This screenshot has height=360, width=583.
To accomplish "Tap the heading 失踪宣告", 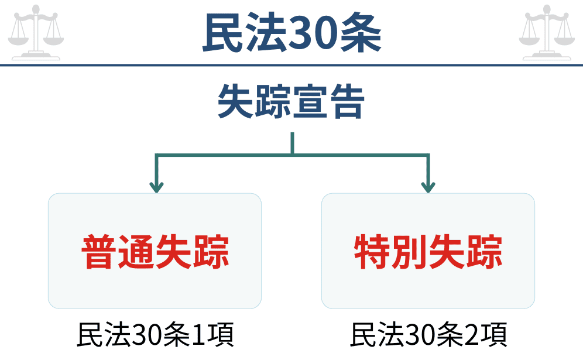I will pyautogui.click(x=291, y=103).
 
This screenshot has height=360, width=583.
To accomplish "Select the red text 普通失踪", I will pyautogui.click(x=155, y=252).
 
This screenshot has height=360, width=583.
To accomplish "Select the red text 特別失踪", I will pyautogui.click(x=428, y=252).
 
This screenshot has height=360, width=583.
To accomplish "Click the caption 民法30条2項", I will pyautogui.click(x=428, y=336).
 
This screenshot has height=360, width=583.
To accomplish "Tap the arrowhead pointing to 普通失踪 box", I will pyautogui.click(x=156, y=187).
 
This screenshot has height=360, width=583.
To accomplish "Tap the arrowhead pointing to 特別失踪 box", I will pyautogui.click(x=428, y=187).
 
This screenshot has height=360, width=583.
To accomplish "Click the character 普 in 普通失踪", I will pyautogui.click(x=99, y=252).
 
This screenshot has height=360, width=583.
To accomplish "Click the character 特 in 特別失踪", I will pyautogui.click(x=372, y=252).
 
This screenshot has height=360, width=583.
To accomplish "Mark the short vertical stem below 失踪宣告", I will pyautogui.click(x=292, y=143).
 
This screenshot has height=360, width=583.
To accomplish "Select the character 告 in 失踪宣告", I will pyautogui.click(x=347, y=103).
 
